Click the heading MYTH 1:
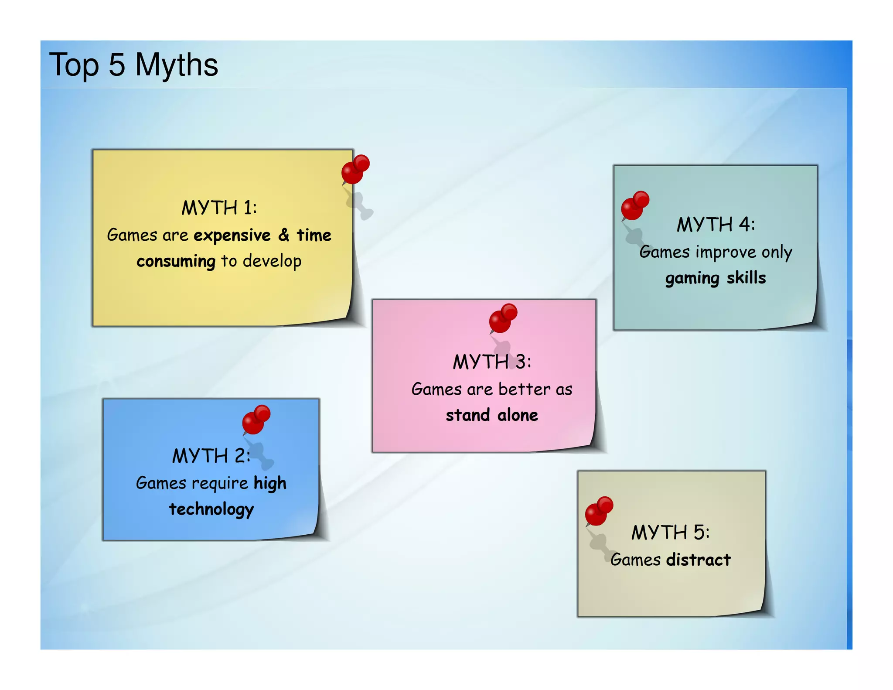[219, 208]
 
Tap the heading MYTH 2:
[211, 456]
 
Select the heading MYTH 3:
[492, 362]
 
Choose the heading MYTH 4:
[716, 225]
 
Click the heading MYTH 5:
[671, 533]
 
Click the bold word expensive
[232, 236]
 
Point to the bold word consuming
[176, 262]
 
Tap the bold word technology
[211, 509]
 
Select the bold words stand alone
[492, 415]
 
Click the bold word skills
[746, 278]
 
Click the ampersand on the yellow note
[284, 235]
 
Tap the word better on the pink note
[525, 389]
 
